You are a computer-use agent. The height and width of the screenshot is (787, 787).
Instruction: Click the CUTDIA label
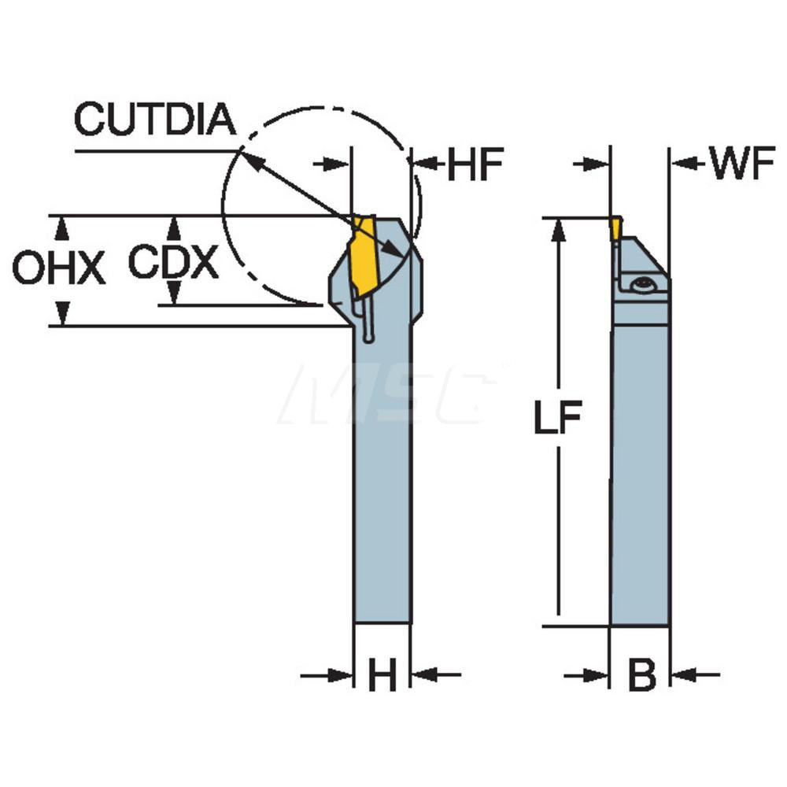[155, 120]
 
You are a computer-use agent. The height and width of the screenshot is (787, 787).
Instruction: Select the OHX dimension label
[58, 269]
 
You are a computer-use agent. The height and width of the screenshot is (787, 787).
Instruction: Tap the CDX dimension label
[173, 262]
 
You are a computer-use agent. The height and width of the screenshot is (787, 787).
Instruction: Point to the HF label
[475, 165]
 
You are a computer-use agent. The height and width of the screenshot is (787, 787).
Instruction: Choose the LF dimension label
[557, 419]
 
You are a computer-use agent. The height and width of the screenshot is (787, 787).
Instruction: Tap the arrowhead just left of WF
[682, 164]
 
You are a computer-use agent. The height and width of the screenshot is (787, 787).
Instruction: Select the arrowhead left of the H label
[341, 674]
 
